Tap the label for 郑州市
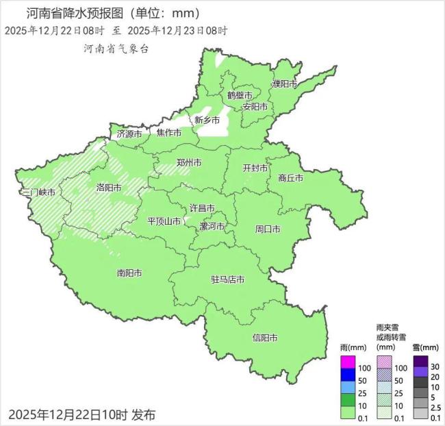tap(188, 163)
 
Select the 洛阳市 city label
tap(109, 187)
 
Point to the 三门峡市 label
tap(38, 192)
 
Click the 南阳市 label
tap(129, 273)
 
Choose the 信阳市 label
tap(265, 338)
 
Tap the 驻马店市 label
tap(227, 279)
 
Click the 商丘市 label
tap(290, 178)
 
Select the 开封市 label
tap(255, 168)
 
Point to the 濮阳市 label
tap(284, 84)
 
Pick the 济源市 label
tap(129, 134)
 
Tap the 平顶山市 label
tap(164, 221)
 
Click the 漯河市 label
tap(212, 226)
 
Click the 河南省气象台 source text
tap(116, 49)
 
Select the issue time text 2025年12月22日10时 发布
tap(82, 414)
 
